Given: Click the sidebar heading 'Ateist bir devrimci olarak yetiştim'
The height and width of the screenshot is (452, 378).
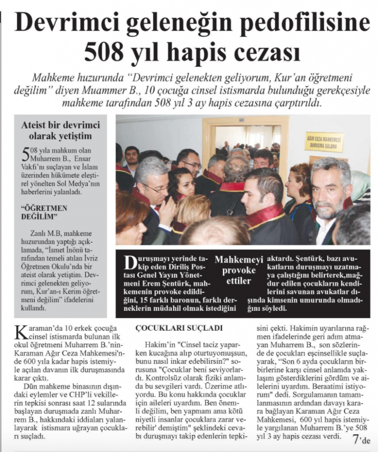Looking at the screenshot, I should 61,130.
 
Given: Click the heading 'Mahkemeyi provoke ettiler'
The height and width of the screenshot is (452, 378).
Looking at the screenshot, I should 239,270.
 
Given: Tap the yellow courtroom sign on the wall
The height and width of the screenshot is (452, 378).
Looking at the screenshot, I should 324,142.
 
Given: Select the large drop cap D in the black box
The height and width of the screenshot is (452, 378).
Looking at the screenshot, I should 129,264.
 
